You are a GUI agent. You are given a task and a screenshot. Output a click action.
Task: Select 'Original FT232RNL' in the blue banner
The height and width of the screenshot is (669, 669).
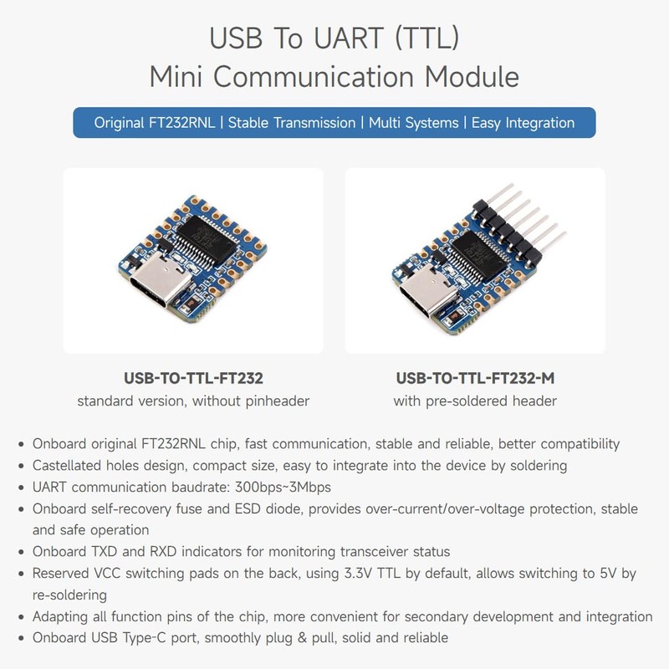[156, 123]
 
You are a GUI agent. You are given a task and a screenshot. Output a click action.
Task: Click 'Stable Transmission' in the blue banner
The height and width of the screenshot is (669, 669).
[291, 123]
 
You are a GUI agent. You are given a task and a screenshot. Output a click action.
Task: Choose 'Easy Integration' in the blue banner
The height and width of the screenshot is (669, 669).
[523, 123]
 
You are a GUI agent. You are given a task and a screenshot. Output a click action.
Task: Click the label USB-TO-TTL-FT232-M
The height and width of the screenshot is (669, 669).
[475, 378]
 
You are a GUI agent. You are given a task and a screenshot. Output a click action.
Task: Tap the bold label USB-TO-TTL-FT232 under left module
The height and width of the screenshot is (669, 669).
[193, 378]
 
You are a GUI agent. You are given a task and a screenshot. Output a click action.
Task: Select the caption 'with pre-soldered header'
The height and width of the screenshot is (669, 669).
[475, 401]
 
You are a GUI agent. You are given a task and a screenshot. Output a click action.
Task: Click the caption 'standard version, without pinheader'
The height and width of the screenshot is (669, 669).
[193, 401]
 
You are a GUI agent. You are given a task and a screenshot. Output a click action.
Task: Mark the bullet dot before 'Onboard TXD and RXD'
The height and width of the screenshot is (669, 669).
[20, 552]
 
